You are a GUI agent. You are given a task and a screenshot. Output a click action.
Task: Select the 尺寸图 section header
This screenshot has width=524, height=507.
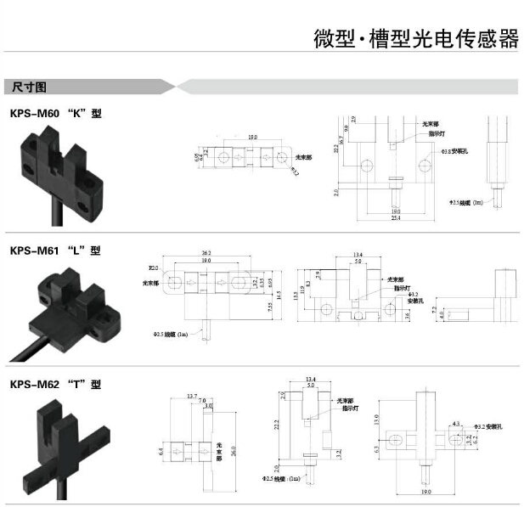click(31, 87)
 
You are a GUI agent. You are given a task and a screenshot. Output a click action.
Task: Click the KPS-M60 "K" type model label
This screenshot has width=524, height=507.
click(55, 113)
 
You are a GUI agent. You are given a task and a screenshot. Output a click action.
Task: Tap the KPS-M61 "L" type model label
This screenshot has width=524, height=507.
click(55, 251)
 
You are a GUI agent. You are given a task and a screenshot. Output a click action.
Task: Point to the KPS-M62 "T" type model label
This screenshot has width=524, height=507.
click(55, 384)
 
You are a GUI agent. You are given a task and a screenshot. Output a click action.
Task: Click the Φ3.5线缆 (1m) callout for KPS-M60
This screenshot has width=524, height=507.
click(465, 203)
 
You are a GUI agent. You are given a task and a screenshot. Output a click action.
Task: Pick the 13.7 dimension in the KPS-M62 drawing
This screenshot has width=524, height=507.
click(191, 397)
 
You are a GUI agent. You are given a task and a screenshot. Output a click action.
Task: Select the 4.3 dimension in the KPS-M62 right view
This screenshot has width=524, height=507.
click(457, 423)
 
